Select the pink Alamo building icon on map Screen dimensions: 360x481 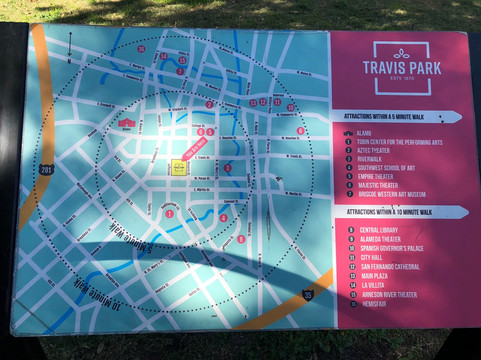(127, 122)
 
